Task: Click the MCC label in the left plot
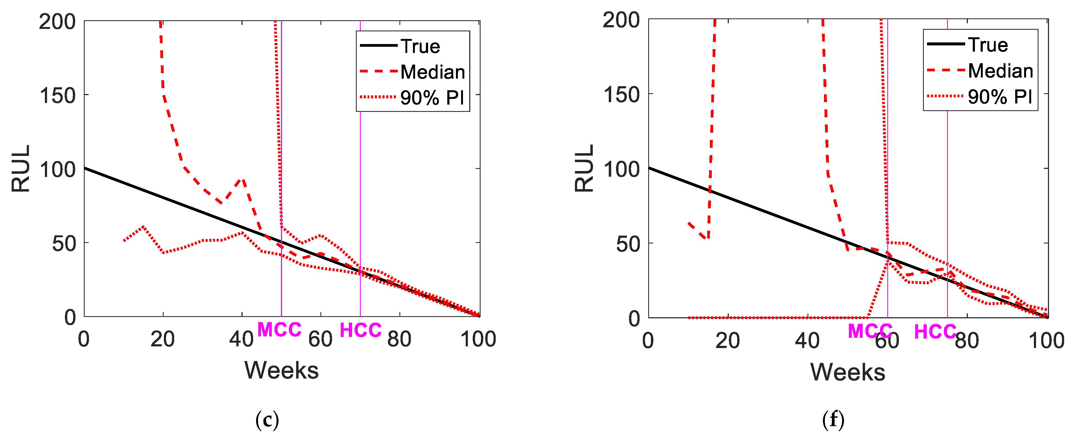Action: (x=279, y=330)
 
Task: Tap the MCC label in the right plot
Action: (x=870, y=331)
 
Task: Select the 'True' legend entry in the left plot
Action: (x=420, y=46)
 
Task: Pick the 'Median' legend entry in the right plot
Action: (x=1000, y=71)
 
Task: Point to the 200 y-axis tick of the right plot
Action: (x=621, y=20)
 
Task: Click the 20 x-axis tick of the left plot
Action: (x=163, y=339)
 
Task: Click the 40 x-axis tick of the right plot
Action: (x=807, y=341)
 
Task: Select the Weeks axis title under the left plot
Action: (x=281, y=370)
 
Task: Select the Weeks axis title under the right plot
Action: (x=848, y=372)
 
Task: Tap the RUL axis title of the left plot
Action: (x=21, y=168)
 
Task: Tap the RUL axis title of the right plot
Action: (x=584, y=168)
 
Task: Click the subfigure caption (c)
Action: (x=267, y=420)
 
